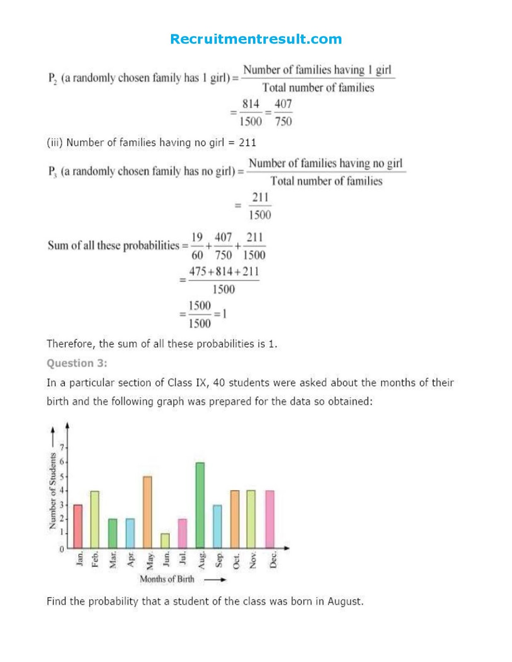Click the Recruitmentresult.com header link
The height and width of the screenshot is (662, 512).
pyautogui.click(x=256, y=39)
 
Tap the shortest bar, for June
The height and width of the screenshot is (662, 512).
pyautogui.click(x=165, y=540)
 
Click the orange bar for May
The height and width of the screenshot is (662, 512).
pyautogui.click(x=147, y=512)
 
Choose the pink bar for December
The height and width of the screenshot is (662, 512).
pyautogui.click(x=270, y=519)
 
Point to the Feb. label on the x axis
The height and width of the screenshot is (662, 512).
pyautogui.click(x=95, y=559)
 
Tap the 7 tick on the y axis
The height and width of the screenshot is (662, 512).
pyautogui.click(x=62, y=448)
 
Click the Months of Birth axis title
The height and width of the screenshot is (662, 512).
pyautogui.click(x=167, y=579)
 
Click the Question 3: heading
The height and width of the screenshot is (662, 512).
pyautogui.click(x=77, y=363)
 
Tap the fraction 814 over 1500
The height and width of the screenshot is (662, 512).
pyautogui.click(x=251, y=113)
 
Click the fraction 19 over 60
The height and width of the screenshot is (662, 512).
pyautogui.click(x=198, y=246)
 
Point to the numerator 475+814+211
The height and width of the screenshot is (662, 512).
pyautogui.click(x=224, y=272)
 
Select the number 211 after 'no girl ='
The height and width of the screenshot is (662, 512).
pyautogui.click(x=247, y=143)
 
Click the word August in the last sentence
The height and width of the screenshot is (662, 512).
pyautogui.click(x=345, y=601)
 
